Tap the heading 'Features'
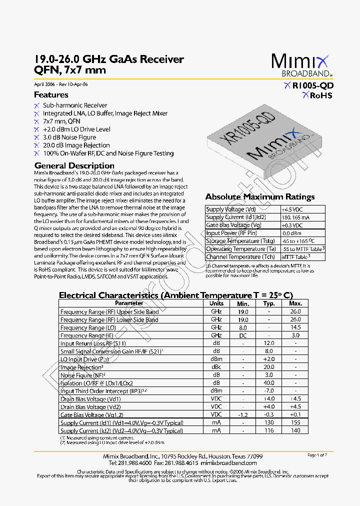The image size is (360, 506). [51, 95]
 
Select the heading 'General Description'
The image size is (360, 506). [74, 165]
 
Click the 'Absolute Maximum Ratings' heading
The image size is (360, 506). [260, 196]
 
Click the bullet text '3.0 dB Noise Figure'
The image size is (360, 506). [69, 137]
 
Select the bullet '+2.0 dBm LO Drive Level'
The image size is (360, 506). [76, 129]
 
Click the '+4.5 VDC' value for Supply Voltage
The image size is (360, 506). [293, 209]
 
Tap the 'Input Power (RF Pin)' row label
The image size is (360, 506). [231, 233]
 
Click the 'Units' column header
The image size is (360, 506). [216, 303]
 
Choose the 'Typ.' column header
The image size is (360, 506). [269, 303]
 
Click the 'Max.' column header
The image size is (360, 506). [295, 303]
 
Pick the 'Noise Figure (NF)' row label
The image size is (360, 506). [83, 375]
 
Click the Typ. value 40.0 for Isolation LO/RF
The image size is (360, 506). [269, 383]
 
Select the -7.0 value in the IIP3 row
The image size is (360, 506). [269, 391]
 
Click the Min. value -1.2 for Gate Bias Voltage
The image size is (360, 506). [243, 414]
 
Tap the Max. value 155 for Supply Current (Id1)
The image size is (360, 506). [295, 422]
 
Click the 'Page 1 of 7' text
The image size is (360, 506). [317, 455]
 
